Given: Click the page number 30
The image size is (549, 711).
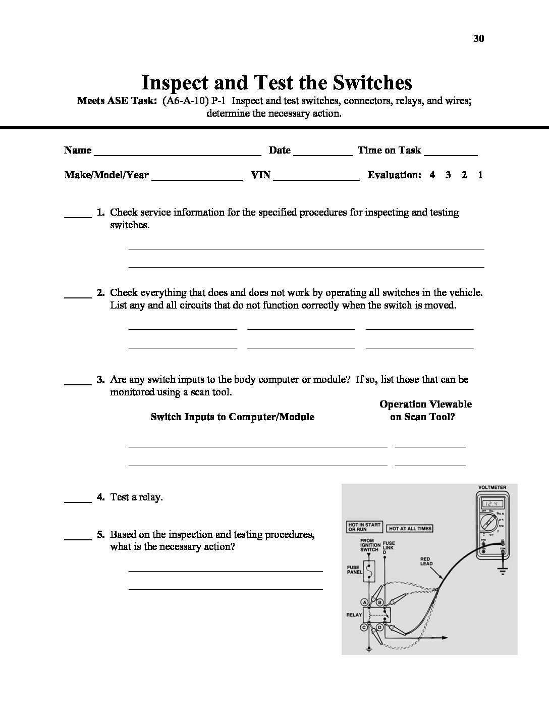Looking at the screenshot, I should pyautogui.click(x=479, y=38).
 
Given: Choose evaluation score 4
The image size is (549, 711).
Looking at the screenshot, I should pyautogui.click(x=432, y=175).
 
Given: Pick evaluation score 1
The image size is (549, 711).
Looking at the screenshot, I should pyautogui.click(x=480, y=175).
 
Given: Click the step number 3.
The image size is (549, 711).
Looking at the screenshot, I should pyautogui.click(x=100, y=379).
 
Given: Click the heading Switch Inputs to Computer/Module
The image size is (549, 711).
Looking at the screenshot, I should pyautogui.click(x=232, y=417).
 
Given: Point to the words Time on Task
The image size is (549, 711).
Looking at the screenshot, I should pyautogui.click(x=389, y=150).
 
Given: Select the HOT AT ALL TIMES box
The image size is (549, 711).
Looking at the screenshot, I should pyautogui.click(x=410, y=529).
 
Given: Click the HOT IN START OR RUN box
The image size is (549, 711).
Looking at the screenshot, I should pyautogui.click(x=364, y=527).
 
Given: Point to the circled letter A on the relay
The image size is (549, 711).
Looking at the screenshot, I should pyautogui.click(x=364, y=602).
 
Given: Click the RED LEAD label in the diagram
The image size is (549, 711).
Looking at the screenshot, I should pyautogui.click(x=426, y=562).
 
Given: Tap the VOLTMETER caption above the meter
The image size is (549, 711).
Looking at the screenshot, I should pyautogui.click(x=492, y=488).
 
